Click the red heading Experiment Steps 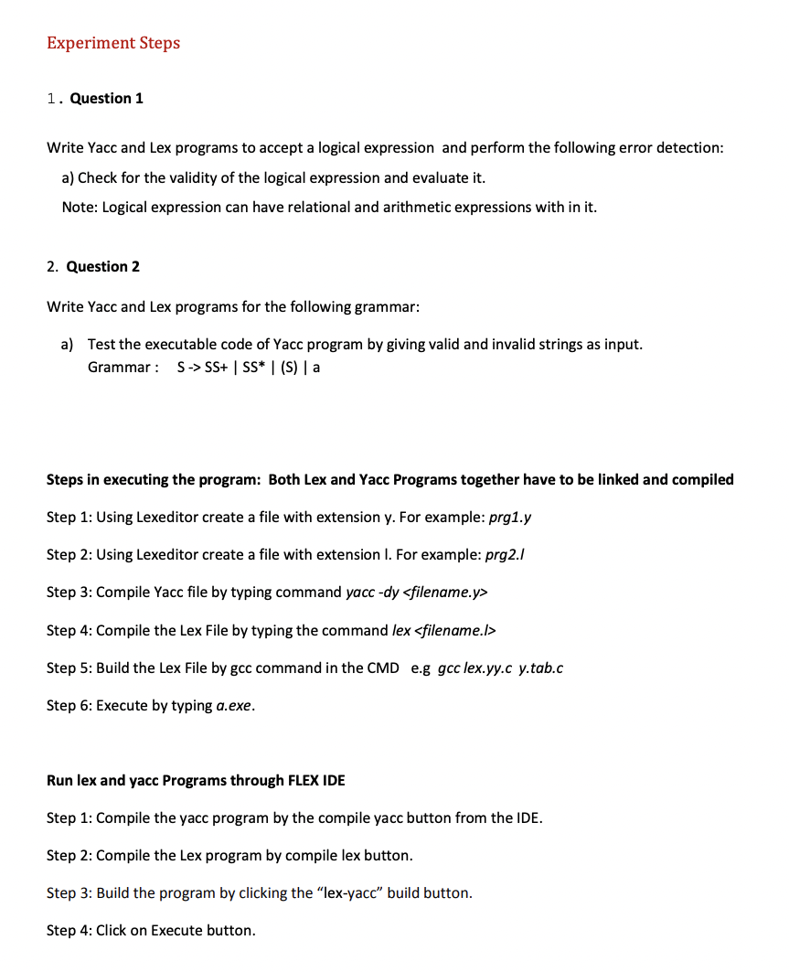coord(113,43)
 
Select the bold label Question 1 coord(106,99)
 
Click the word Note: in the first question coord(80,208)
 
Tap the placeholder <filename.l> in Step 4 coord(454,631)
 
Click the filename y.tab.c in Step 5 coord(540,668)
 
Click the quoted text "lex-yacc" coord(349,893)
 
